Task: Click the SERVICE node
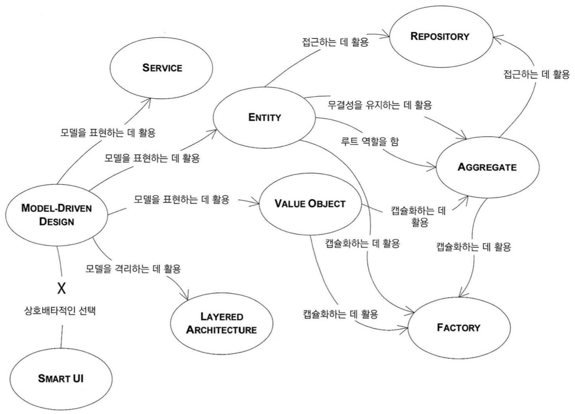click(x=162, y=68)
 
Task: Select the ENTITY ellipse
click(x=264, y=117)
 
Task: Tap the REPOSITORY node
click(x=440, y=36)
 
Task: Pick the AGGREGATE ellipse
click(x=487, y=167)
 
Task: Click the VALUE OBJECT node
click(x=310, y=203)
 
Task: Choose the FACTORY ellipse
click(x=459, y=327)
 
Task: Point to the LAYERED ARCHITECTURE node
click(x=222, y=323)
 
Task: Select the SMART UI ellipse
click(x=61, y=379)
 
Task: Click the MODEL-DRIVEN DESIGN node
click(x=56, y=214)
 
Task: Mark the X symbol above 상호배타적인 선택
click(x=61, y=288)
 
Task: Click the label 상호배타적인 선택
click(x=60, y=310)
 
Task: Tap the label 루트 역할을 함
click(x=370, y=141)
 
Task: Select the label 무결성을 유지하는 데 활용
click(x=380, y=105)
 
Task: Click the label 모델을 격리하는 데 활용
click(x=133, y=269)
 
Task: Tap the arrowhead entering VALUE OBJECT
click(x=256, y=203)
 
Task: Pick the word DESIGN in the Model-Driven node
click(x=56, y=222)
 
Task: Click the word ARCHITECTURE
click(x=222, y=330)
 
